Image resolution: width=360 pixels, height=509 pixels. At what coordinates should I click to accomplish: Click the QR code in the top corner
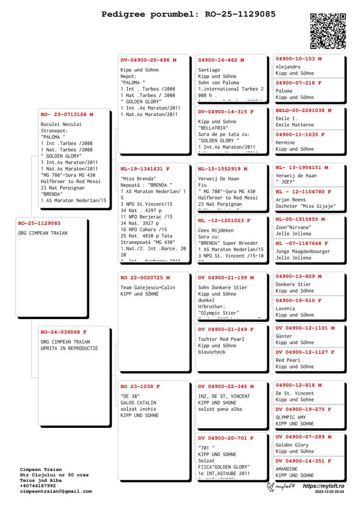pyautogui.click(x=328, y=31)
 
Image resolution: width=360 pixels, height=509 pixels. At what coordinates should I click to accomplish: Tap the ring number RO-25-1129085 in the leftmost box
pyautogui.click(x=39, y=223)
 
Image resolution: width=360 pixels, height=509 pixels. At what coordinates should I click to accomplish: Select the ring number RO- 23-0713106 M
pyautogui.click(x=67, y=114)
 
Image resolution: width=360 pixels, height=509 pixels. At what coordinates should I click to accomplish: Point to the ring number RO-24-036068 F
pyautogui.click(x=63, y=332)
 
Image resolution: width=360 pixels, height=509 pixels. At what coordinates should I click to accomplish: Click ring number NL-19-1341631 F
pyautogui.click(x=145, y=169)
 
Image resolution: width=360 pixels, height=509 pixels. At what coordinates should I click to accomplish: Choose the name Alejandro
pyautogui.click(x=288, y=67)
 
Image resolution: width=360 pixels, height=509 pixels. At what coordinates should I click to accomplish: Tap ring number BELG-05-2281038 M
pyautogui.click(x=303, y=110)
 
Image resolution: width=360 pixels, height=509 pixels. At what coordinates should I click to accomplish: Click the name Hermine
pyautogui.click(x=285, y=143)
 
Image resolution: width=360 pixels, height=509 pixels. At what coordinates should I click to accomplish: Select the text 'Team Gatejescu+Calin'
pyautogui.click(x=148, y=288)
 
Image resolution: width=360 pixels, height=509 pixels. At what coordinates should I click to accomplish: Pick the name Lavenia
pyautogui.click(x=285, y=309)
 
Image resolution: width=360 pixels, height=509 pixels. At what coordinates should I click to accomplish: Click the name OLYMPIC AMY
pyautogui.click(x=291, y=418)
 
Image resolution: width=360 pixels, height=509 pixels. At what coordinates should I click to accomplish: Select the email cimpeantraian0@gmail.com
pyautogui.click(x=56, y=491)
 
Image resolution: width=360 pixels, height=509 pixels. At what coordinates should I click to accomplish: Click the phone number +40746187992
pyautogui.click(x=38, y=486)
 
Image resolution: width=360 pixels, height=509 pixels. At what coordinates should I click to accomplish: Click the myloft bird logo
pyautogui.click(x=271, y=486)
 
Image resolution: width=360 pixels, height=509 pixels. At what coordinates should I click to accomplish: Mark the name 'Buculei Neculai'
pyautogui.click(x=61, y=124)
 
